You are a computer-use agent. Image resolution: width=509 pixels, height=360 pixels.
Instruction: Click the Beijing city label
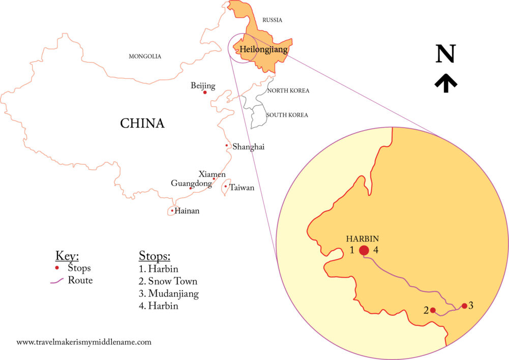pyautogui.click(x=203, y=85)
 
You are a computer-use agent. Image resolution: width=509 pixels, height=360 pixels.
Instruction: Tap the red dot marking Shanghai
pyautogui.click(x=227, y=145)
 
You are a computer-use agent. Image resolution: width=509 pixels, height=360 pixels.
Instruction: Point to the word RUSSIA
pyautogui.click(x=272, y=20)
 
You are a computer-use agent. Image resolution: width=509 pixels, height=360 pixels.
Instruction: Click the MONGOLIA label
pyautogui.click(x=145, y=56)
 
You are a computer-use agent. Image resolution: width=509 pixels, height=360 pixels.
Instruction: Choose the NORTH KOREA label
pyautogui.click(x=288, y=91)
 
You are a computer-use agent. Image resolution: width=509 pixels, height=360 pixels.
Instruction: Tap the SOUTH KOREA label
pyautogui.click(x=287, y=115)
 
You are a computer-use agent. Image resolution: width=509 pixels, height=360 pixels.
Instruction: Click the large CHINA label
pyautogui.click(x=142, y=123)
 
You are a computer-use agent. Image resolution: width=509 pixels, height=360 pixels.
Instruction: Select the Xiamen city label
pyautogui.click(x=212, y=174)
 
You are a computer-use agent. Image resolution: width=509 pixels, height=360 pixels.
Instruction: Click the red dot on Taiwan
pyautogui.click(x=225, y=186)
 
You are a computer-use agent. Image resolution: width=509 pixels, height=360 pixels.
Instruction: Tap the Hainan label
pyautogui.click(x=187, y=211)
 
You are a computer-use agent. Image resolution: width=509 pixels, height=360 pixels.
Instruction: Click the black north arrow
pyautogui.click(x=445, y=83)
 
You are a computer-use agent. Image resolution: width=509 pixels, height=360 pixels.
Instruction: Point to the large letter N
pyautogui.click(x=445, y=54)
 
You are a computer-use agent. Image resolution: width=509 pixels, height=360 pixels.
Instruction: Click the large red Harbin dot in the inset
pyautogui.click(x=364, y=250)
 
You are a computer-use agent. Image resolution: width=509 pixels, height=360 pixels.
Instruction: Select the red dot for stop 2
pyautogui.click(x=433, y=310)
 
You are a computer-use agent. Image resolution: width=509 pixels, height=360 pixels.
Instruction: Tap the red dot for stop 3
pyautogui.click(x=464, y=306)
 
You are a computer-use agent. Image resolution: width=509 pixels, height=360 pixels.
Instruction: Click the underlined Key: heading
pyautogui.click(x=67, y=256)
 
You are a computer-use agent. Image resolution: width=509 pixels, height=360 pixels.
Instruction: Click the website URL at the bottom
pyautogui.click(x=84, y=342)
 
